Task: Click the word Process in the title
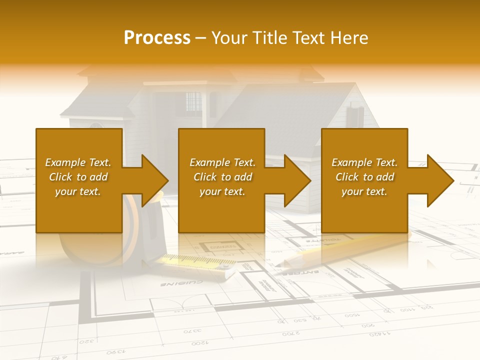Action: tap(156, 38)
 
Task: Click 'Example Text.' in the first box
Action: tap(78, 162)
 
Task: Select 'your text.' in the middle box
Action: tap(222, 191)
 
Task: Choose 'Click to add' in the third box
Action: tap(364, 177)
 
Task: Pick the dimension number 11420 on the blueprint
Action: tap(382, 333)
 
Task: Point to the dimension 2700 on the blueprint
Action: tap(291, 333)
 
